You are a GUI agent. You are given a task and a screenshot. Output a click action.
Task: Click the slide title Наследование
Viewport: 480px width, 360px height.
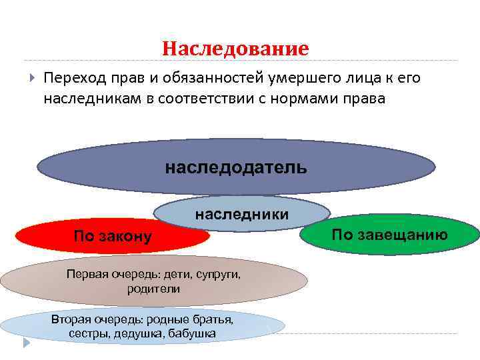(x=235, y=49)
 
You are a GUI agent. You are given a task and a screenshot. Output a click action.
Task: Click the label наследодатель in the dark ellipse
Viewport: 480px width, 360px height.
(x=236, y=166)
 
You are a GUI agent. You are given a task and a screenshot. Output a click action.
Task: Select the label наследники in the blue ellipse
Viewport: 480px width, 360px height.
(x=241, y=214)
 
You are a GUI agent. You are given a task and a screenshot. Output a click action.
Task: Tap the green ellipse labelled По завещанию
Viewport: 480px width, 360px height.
(x=390, y=234)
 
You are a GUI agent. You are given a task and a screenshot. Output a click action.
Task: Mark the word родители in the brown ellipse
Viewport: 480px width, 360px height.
(x=153, y=289)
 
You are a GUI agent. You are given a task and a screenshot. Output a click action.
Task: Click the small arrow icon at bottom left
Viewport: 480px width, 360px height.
(x=26, y=343)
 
